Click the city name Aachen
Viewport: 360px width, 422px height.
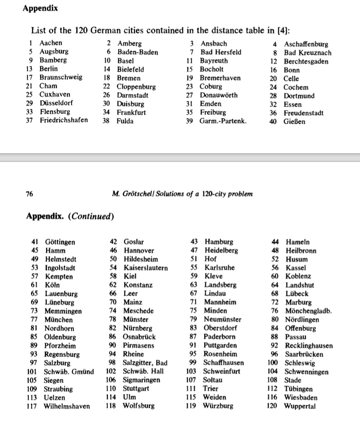point(51,43)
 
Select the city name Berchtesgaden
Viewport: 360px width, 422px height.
point(306,62)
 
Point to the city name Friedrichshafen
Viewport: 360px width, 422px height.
point(64,120)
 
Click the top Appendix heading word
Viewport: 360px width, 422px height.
point(40,8)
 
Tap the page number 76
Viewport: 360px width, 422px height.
point(29,194)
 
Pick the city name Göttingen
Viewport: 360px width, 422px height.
point(60,242)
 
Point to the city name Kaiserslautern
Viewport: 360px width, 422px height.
point(146,268)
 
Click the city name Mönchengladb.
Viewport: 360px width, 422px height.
point(308,311)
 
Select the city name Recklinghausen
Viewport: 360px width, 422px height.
point(309,346)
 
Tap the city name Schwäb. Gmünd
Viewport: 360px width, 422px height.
point(69,372)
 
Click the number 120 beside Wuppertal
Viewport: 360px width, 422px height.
point(274,407)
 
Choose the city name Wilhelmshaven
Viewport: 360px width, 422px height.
point(67,407)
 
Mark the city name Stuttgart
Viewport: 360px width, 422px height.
point(136,389)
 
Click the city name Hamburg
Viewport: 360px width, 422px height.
point(219,242)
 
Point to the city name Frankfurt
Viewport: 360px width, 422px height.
point(131,112)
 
